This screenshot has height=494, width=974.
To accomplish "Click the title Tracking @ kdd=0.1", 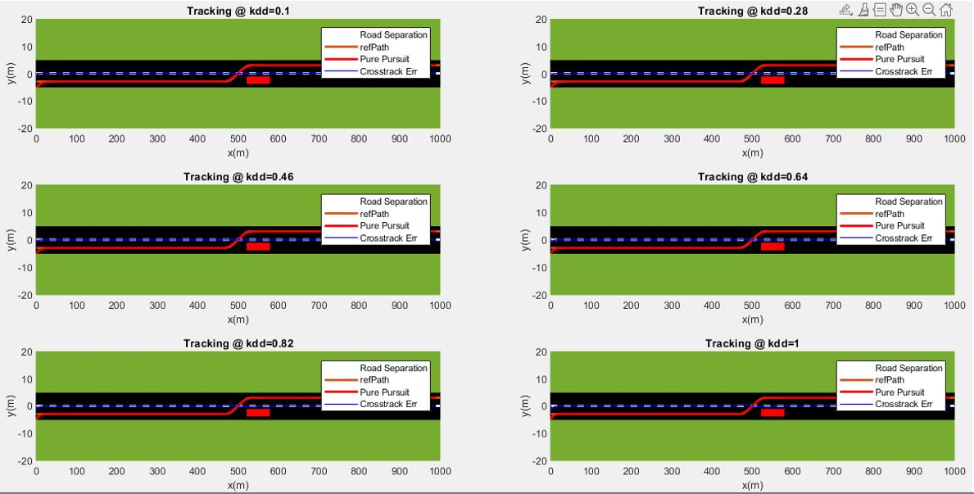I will (x=238, y=11).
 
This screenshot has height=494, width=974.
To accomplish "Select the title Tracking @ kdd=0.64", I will (x=752, y=177).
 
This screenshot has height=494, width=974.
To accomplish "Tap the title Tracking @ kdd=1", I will (x=752, y=343).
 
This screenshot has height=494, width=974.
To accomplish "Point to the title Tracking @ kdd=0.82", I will (x=238, y=343).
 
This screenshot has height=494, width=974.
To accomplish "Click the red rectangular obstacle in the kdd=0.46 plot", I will (x=258, y=246).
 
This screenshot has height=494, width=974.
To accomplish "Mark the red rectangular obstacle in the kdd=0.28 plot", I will (x=772, y=79).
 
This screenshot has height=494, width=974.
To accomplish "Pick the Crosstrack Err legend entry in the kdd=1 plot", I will (x=904, y=404).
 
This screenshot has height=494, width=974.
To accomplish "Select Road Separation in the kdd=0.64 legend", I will (x=908, y=202).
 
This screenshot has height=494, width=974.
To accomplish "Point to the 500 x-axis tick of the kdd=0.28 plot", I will (x=752, y=139).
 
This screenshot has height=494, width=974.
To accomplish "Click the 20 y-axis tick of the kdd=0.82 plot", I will (x=27, y=352).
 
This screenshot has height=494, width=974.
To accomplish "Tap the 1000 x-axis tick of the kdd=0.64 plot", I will (x=954, y=306).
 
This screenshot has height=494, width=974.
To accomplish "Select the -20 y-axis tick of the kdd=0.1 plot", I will (x=25, y=129).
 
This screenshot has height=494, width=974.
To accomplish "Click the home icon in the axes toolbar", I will (x=946, y=10).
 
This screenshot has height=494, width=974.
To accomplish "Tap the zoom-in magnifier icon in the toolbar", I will (x=912, y=10).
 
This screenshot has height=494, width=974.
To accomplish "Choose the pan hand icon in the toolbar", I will (x=896, y=10).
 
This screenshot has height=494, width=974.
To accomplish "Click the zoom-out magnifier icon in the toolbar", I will (x=929, y=10).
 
